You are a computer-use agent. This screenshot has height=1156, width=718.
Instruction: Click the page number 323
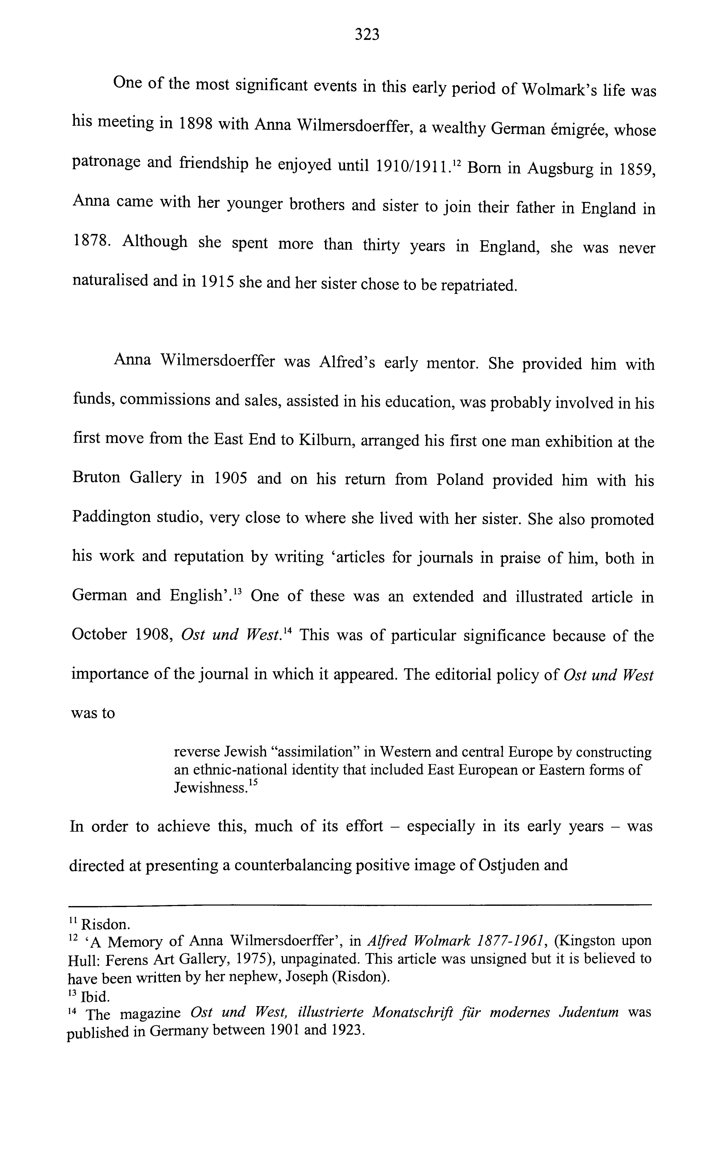(x=367, y=34)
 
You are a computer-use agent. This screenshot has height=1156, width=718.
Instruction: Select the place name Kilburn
(x=325, y=440)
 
